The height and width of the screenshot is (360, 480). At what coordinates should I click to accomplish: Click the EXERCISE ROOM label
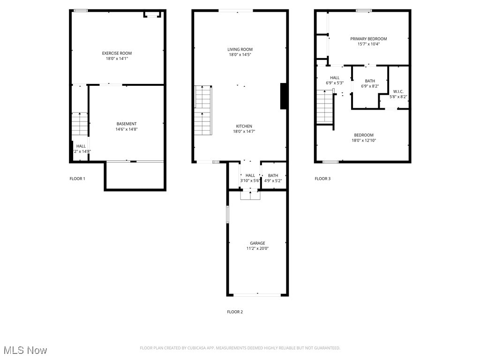[117, 53]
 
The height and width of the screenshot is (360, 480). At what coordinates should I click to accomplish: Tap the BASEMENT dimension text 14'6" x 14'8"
[127, 129]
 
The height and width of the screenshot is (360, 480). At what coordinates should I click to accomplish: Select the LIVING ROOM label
[240, 49]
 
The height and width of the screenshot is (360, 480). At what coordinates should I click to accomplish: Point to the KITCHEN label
[244, 126]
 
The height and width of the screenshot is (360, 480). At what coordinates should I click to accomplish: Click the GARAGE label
[257, 243]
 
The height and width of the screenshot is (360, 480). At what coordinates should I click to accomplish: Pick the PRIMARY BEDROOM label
[368, 39]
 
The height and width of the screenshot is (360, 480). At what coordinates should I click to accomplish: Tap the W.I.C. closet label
[398, 91]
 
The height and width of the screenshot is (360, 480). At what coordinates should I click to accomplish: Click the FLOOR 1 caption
[77, 179]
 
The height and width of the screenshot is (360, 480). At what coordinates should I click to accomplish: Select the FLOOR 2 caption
[235, 312]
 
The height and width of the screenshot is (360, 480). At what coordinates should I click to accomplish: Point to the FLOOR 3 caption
[322, 179]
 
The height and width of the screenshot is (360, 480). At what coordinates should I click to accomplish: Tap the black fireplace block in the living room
[284, 96]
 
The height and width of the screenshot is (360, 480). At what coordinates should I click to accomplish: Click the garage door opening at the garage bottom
[257, 295]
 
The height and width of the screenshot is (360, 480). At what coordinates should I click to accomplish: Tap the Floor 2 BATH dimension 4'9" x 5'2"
[273, 180]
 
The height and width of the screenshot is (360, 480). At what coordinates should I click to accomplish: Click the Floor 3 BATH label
[370, 81]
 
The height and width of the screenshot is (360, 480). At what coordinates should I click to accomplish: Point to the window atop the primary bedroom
[364, 10]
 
